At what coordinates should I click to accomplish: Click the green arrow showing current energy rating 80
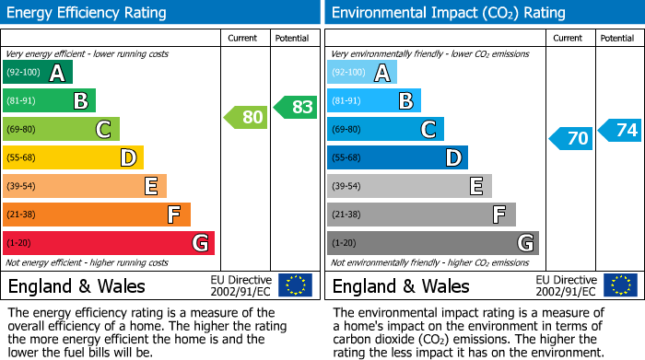pyautogui.click(x=246, y=117)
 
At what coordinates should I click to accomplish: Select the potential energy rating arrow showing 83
pyautogui.click(x=295, y=107)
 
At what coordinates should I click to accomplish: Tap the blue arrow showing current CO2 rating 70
pyautogui.click(x=570, y=139)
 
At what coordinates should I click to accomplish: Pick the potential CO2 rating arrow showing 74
pyautogui.click(x=619, y=130)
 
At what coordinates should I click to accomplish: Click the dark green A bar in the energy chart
pyautogui.click(x=37, y=73)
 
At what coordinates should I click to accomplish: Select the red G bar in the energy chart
pyautogui.click(x=108, y=243)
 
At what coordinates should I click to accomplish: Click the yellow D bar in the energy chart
pyautogui.click(x=73, y=157)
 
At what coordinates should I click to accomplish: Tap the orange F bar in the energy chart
pyautogui.click(x=96, y=215)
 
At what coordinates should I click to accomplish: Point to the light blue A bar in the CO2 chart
pyautogui.click(x=361, y=73)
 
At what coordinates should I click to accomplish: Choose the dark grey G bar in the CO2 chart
pyautogui.click(x=432, y=243)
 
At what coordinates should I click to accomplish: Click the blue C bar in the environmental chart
pyautogui.click(x=385, y=130)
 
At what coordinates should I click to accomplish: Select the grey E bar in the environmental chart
pyautogui.click(x=409, y=186)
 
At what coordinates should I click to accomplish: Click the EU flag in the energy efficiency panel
pyautogui.click(x=295, y=285)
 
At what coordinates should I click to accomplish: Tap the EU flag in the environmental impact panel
pyautogui.click(x=620, y=285)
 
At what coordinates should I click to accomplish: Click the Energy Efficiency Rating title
pyautogui.click(x=87, y=13)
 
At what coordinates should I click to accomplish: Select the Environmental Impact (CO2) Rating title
pyautogui.click(x=448, y=13)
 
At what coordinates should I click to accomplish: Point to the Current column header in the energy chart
pyautogui.click(x=244, y=38)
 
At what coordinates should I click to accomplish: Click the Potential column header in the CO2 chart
pyautogui.click(x=616, y=38)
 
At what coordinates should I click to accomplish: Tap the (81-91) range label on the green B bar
pyautogui.click(x=22, y=101)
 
